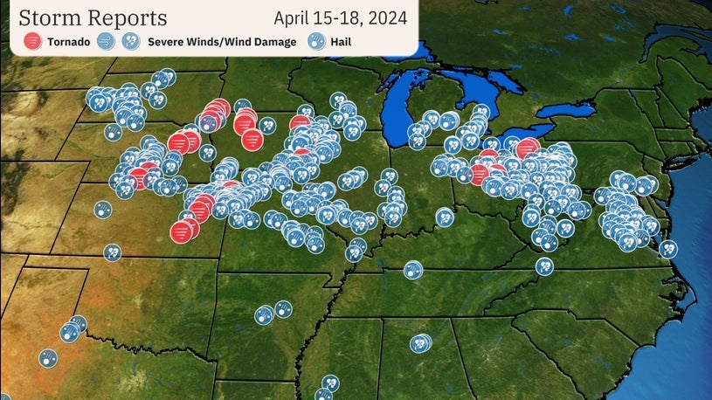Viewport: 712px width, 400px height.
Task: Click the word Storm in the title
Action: (52, 17)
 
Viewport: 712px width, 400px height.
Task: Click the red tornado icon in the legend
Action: (32, 41)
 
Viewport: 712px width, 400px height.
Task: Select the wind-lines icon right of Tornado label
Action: (107, 41)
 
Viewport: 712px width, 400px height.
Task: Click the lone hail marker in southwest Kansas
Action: (103, 210)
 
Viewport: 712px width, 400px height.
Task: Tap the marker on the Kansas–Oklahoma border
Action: (113, 252)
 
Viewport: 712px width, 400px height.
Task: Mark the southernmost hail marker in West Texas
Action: (47, 357)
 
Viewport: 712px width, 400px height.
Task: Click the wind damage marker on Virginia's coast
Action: (668, 249)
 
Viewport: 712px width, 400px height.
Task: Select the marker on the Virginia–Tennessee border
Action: (544, 266)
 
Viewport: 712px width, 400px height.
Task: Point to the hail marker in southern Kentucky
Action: (412, 270)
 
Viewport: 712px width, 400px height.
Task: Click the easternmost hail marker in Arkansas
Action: (282, 309)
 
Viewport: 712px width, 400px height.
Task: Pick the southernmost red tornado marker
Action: (181, 232)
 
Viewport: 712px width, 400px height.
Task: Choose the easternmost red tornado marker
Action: (527, 148)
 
